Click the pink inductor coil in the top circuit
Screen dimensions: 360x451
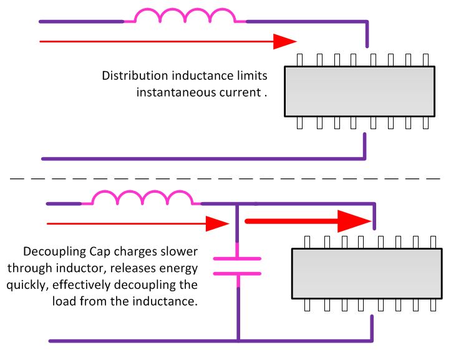click(185, 17)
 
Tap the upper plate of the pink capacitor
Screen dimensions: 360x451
click(238, 257)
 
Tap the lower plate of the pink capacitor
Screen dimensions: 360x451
click(238, 273)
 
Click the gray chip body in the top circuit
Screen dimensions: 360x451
click(359, 91)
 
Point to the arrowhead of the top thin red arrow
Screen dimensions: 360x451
click(284, 41)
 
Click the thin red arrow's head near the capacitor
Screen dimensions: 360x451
click(218, 223)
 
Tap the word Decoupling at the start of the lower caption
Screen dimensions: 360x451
click(51, 252)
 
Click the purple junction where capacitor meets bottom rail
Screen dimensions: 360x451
click(238, 341)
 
